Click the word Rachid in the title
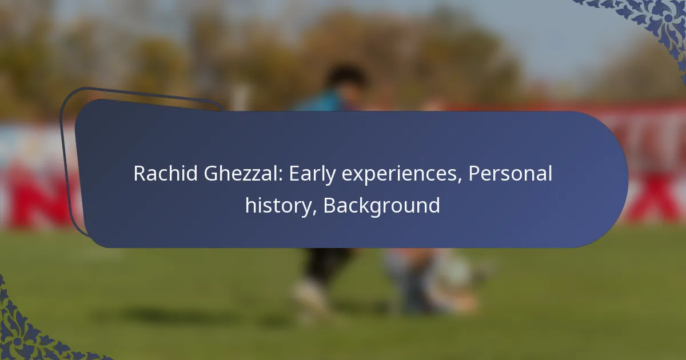click(165, 173)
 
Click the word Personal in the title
click(510, 173)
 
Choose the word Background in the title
click(382, 206)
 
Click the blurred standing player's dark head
click(345, 77)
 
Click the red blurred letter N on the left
click(37, 196)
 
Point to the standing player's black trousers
click(328, 263)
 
